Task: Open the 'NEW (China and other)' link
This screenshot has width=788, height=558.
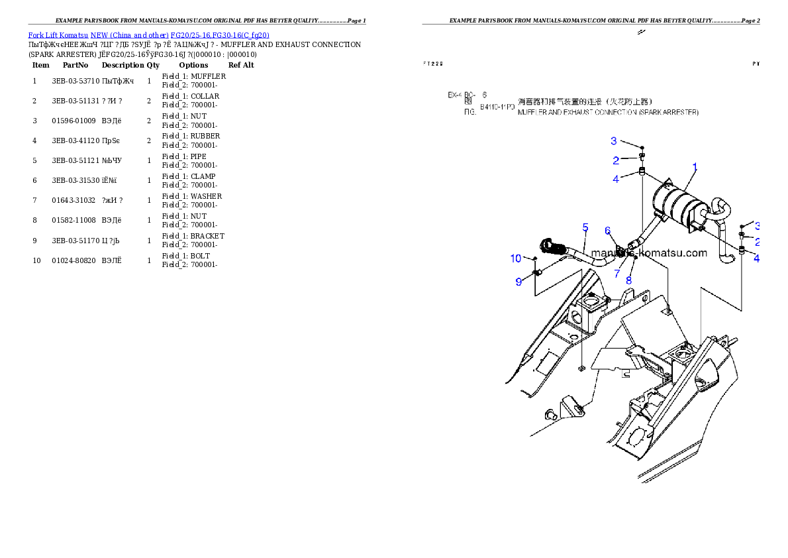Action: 129,35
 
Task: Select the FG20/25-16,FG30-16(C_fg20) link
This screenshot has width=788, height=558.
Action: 219,35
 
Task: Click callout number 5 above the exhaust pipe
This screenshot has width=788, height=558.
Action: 585,228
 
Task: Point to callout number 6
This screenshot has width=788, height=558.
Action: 607,231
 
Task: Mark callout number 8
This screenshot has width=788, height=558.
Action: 628,280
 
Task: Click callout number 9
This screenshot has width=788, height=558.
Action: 519,282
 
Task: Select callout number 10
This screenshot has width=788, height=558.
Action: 516,258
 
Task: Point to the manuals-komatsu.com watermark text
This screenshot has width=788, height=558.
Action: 649,252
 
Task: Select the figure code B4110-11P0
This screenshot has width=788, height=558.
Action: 497,106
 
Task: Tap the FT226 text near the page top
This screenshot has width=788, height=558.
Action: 432,64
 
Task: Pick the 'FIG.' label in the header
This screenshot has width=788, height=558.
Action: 469,113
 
